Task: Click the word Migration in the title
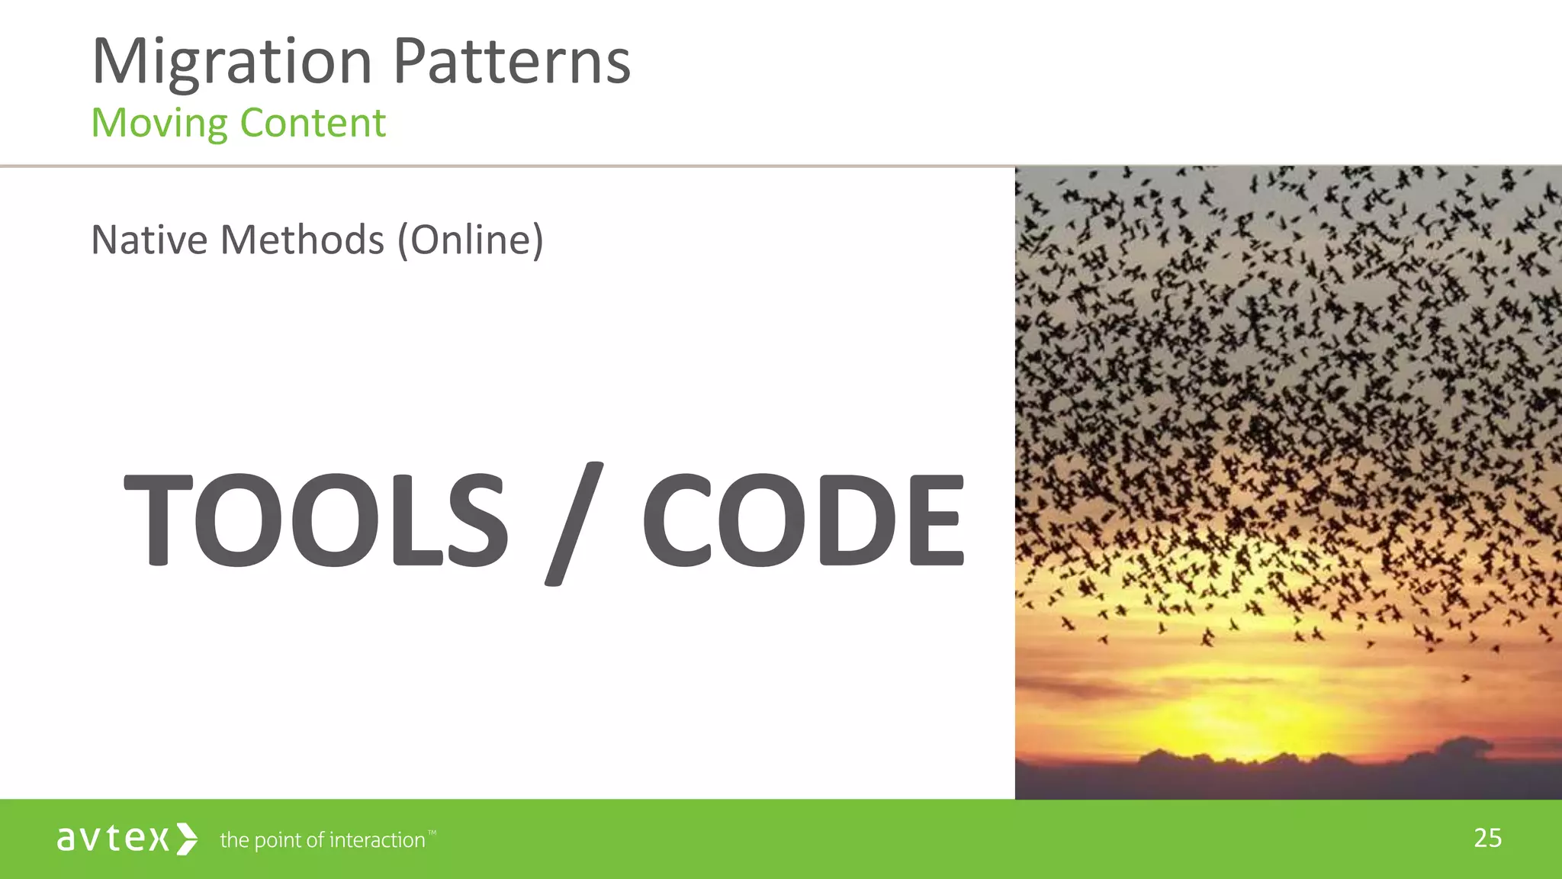click(232, 63)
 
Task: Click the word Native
click(149, 240)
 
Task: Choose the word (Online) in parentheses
click(470, 240)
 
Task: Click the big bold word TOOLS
click(315, 520)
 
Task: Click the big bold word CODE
click(802, 520)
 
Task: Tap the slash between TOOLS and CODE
click(574, 523)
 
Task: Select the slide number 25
click(1487, 838)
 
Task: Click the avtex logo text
click(112, 839)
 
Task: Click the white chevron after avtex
click(187, 839)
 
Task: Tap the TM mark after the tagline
click(432, 832)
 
